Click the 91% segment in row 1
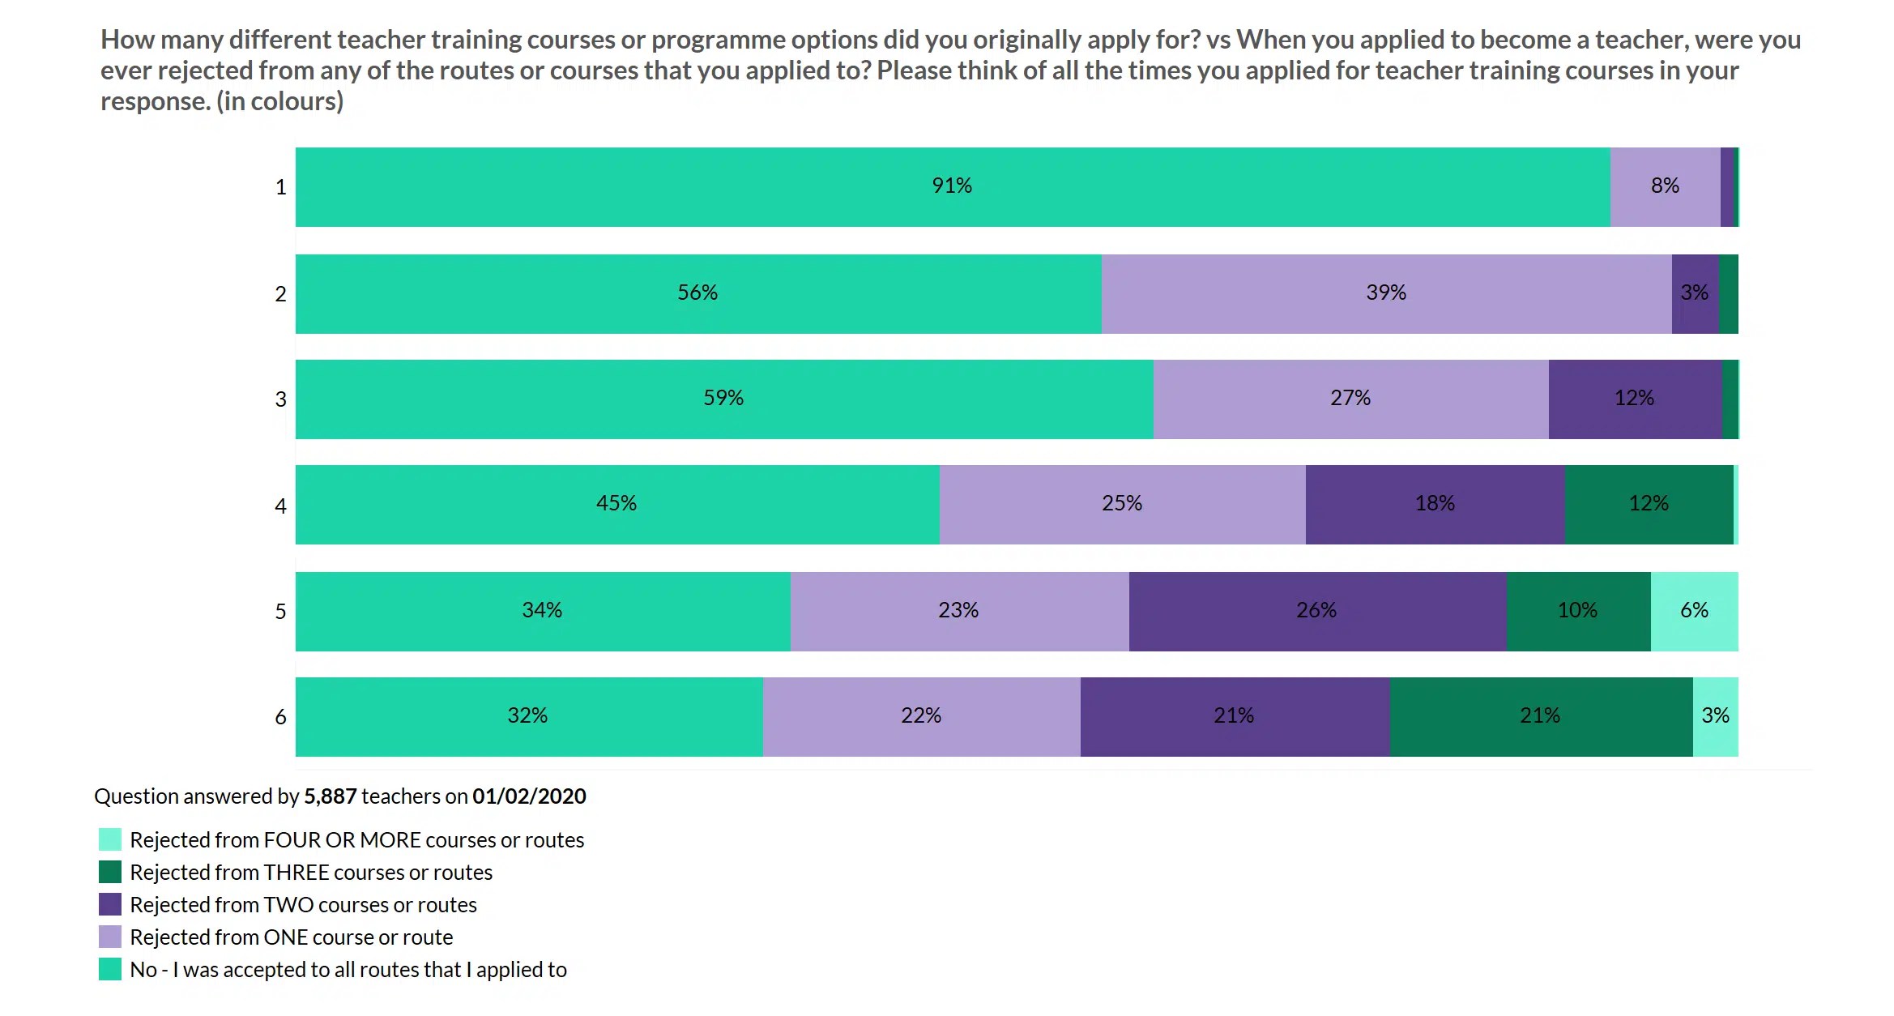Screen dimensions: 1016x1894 952,186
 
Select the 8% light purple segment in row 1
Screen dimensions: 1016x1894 1665,186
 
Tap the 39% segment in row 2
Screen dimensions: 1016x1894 1386,293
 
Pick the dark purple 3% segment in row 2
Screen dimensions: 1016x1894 1695,293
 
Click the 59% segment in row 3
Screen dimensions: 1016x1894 723,399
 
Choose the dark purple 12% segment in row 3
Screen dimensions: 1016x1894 1634,399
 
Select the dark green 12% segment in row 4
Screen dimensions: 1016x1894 1649,504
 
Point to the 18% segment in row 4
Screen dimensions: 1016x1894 1435,504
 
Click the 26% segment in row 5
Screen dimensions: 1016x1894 1316,611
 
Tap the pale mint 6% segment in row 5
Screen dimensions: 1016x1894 1694,611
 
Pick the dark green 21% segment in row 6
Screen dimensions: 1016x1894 1540,716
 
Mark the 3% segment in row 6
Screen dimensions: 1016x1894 1715,716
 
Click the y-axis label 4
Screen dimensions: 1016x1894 280,506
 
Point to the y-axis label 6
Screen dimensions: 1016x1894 280,717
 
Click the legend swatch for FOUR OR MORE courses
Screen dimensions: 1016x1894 110,839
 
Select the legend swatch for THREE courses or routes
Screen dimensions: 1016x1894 110,872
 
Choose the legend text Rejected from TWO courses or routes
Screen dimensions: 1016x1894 303,905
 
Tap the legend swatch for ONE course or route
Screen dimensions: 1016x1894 110,937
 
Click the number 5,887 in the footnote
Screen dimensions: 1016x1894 330,796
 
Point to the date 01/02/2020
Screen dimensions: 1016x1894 529,796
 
